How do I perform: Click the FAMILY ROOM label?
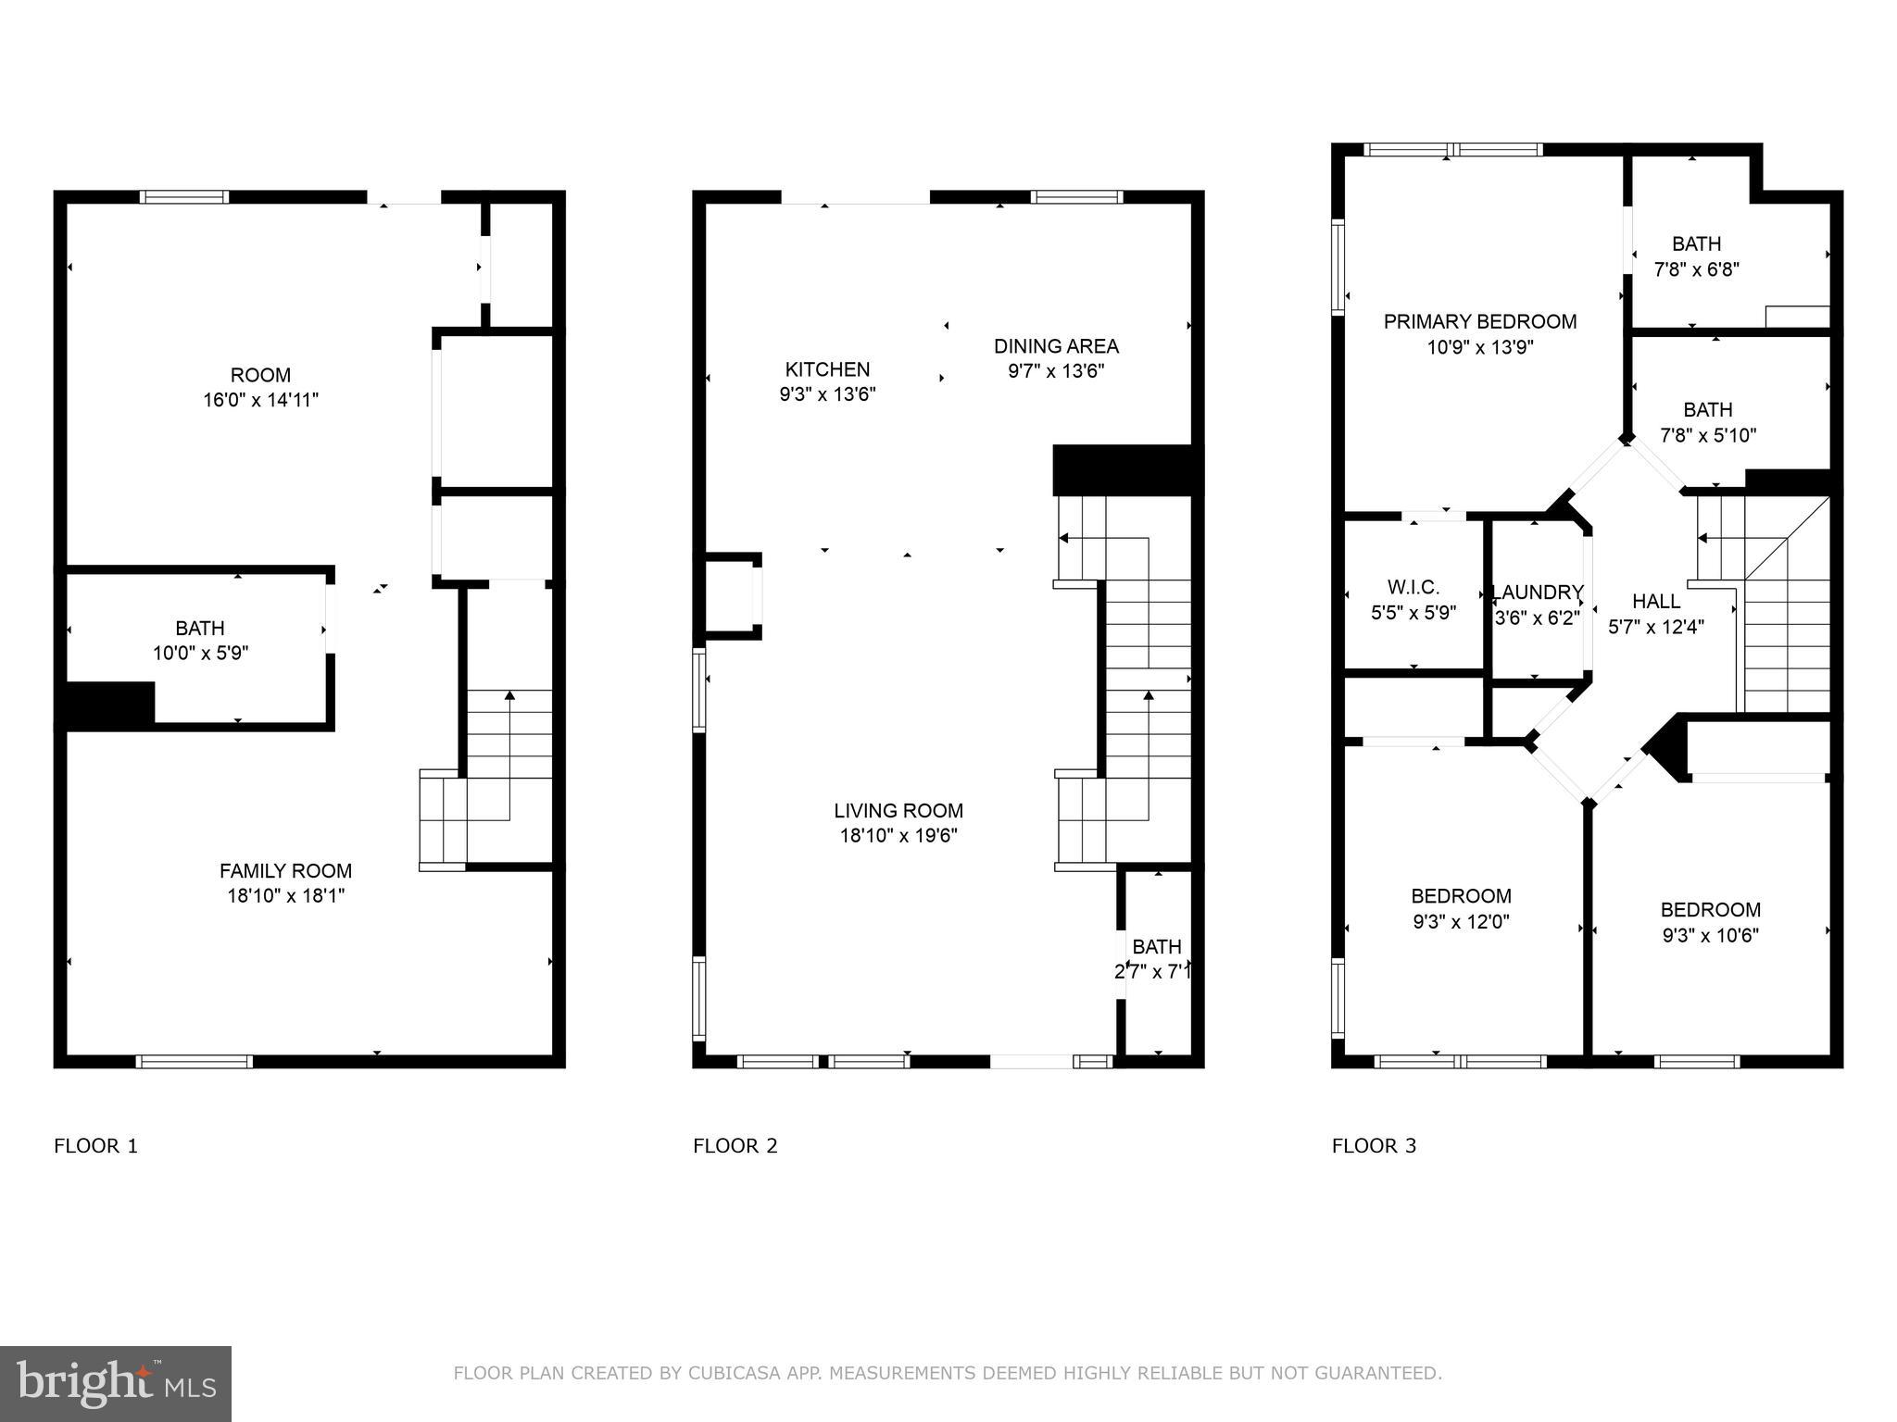pyautogui.click(x=285, y=871)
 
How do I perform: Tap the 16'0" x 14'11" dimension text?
pyautogui.click(x=260, y=400)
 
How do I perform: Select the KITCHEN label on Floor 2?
pyautogui.click(x=827, y=369)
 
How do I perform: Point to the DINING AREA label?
pyautogui.click(x=1056, y=346)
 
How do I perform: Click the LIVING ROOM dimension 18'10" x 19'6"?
pyautogui.click(x=898, y=836)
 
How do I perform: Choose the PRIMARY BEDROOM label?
pyautogui.click(x=1479, y=322)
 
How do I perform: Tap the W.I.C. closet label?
pyautogui.click(x=1413, y=587)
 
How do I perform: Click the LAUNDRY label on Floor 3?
pyautogui.click(x=1538, y=592)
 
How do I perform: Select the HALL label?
pyautogui.click(x=1656, y=602)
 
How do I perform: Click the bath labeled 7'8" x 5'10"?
pyautogui.click(x=1707, y=422)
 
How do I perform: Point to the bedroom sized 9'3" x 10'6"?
pyautogui.click(x=1710, y=922)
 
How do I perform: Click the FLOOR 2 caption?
pyautogui.click(x=735, y=1146)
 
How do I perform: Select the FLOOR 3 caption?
pyautogui.click(x=1374, y=1146)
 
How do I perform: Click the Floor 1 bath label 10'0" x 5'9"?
pyautogui.click(x=200, y=641)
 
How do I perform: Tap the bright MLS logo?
pyautogui.click(x=116, y=1383)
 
